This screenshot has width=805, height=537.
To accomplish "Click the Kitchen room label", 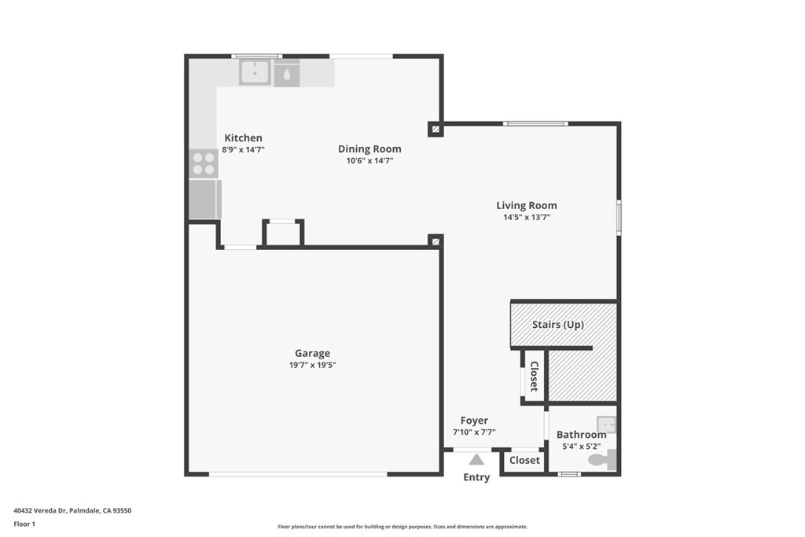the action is [x=244, y=138].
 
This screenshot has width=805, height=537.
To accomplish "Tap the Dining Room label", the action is [x=369, y=149].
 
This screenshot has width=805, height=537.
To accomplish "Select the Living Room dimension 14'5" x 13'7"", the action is [x=527, y=217].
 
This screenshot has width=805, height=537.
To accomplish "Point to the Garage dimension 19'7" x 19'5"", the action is [x=313, y=365].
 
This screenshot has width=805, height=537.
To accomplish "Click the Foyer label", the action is [x=474, y=421].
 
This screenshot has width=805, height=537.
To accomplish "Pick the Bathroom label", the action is [x=582, y=435].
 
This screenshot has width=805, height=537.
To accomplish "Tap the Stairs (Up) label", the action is [x=558, y=325].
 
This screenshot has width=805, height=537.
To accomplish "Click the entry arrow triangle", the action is [x=476, y=459].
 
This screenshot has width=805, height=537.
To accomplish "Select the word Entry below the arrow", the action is [x=476, y=477].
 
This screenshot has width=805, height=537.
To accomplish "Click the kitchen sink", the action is [x=255, y=72].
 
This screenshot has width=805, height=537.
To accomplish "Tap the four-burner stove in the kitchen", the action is [x=204, y=164].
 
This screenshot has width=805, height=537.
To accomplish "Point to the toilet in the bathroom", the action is [x=602, y=459].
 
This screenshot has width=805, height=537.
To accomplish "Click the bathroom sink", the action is [x=606, y=425].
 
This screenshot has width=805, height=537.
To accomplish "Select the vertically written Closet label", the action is [x=534, y=377].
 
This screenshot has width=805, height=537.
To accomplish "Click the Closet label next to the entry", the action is [x=524, y=461].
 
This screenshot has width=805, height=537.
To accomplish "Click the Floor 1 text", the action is [x=24, y=524].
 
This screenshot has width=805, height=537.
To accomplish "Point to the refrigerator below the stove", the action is [x=205, y=199].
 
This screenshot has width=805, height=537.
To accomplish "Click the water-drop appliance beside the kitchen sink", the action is [x=286, y=73].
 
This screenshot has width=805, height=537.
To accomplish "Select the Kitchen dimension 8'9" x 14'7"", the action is [x=244, y=150].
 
